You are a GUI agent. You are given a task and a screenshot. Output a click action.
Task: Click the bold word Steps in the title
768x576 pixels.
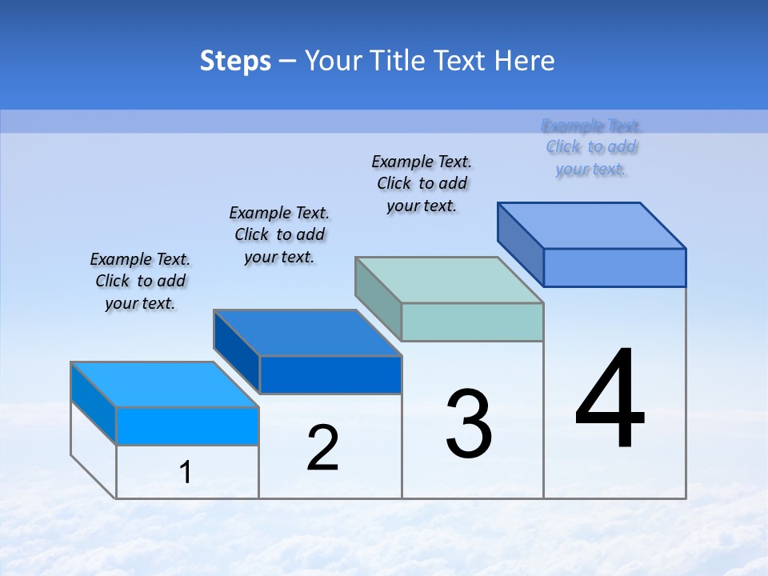(235, 61)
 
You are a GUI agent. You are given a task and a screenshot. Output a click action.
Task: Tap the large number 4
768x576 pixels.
(610, 400)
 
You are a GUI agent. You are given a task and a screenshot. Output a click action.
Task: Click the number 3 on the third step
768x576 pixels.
(469, 424)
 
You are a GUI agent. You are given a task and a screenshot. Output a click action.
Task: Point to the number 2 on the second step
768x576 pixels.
(323, 448)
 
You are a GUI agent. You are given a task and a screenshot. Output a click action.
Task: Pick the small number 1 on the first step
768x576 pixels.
(186, 473)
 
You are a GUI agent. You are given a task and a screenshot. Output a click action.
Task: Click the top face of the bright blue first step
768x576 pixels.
(165, 385)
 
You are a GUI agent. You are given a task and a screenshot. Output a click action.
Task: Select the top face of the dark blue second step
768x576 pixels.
(307, 333)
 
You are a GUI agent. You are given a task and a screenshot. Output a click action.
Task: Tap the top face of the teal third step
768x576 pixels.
(450, 280)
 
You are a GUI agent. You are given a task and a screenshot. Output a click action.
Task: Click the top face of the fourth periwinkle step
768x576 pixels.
(592, 226)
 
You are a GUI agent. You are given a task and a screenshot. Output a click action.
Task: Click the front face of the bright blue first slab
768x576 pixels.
(187, 426)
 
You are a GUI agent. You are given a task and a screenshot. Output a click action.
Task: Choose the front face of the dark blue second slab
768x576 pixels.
(330, 374)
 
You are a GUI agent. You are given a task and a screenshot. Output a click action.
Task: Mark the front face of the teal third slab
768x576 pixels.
(472, 322)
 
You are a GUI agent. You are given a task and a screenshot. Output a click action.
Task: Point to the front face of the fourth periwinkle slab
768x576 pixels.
(614, 267)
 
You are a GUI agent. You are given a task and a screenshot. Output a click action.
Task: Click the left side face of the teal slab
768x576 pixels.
(378, 299)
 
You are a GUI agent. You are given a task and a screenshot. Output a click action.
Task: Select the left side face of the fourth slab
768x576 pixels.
(520, 244)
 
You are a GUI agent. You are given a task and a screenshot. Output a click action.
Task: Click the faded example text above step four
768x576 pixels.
(591, 147)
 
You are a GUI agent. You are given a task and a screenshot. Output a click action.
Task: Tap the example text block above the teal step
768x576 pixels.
(422, 183)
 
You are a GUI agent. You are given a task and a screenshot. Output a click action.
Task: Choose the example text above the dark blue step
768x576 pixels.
(279, 234)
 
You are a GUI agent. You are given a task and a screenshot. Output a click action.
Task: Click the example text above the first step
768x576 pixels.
(140, 281)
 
